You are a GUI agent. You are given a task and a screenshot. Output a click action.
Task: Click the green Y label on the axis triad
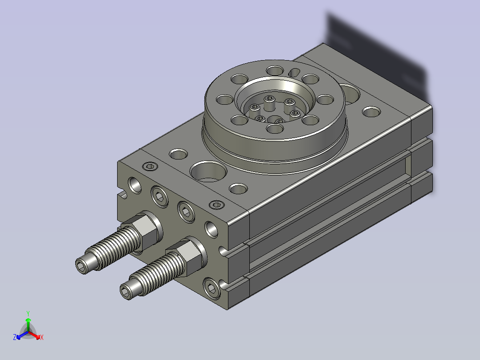[x=28, y=313]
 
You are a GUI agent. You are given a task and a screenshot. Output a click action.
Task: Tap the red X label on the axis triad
[x=42, y=337]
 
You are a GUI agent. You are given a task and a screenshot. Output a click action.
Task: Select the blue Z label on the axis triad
[x=14, y=337]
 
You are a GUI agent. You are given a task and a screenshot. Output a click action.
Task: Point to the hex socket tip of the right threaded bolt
[x=126, y=291]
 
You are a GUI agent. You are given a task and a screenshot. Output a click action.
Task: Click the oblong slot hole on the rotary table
[x=294, y=73]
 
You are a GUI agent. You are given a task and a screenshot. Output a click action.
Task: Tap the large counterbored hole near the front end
[x=208, y=172]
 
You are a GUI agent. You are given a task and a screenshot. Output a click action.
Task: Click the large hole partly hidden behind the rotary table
[x=350, y=94]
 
